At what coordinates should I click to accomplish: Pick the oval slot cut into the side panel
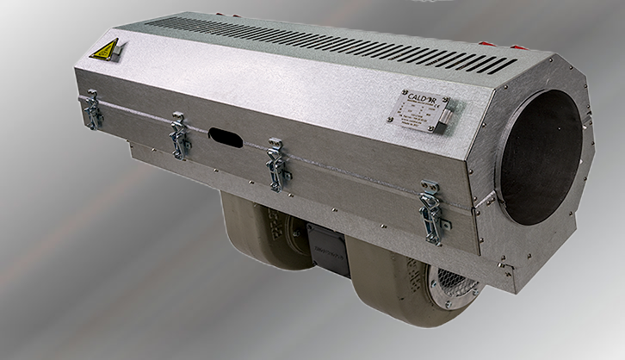[226, 137]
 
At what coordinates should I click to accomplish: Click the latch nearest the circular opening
[430, 207]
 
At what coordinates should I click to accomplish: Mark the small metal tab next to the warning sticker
[121, 47]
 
